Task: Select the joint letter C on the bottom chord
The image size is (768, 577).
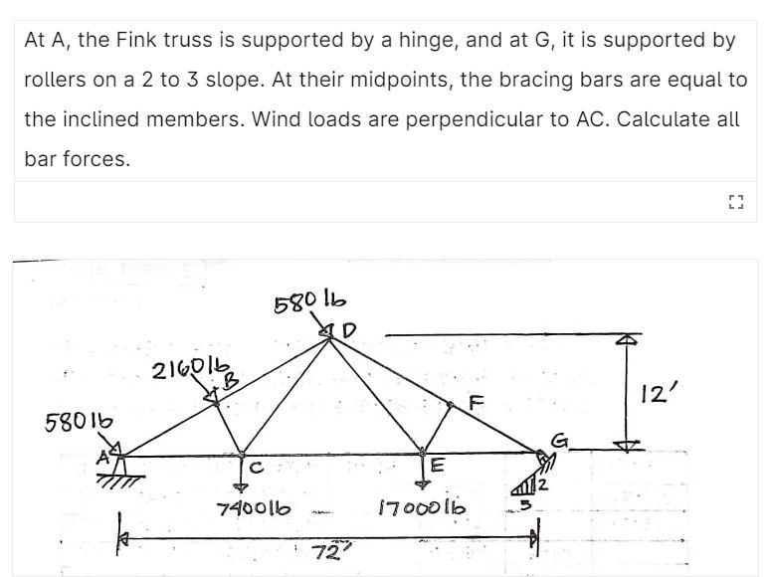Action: pos(255,467)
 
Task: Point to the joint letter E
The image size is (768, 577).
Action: pos(438,469)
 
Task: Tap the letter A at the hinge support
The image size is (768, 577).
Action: pos(102,458)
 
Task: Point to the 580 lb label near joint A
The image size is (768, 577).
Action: pos(75,421)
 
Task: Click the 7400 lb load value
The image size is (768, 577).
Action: pos(254,507)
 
